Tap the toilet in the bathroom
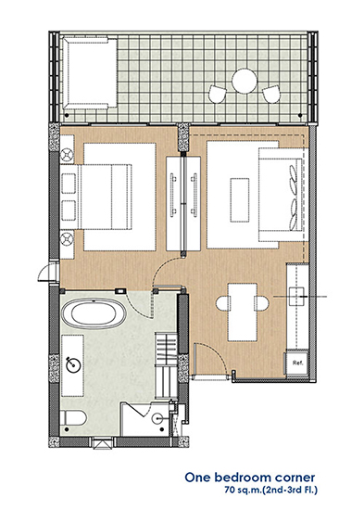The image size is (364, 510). pos(73,418)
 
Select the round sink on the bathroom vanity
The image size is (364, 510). pos(73,364)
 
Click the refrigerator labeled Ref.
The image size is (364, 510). pos(296,363)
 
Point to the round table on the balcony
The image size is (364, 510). pos(245,81)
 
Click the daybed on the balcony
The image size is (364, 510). pos(88,72)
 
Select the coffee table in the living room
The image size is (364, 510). pos(240,199)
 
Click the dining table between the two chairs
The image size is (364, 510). pos(243,312)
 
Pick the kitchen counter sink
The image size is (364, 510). pos(296,297)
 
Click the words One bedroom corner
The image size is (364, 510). pos(249,478)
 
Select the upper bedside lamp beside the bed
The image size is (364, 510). pos(68,155)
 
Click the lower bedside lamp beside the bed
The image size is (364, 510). pos(68,238)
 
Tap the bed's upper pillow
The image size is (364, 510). pos(69,183)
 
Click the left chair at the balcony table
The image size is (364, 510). pos(217,94)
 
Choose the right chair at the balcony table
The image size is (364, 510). pos(271,94)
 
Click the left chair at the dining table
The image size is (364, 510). pos(222,303)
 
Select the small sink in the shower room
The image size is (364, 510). pos(157,418)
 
